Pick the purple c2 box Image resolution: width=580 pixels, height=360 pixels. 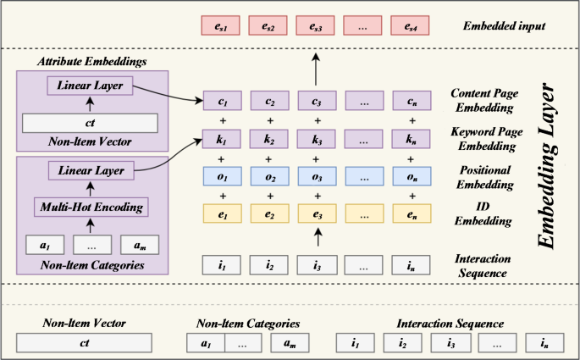pos(269,103)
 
